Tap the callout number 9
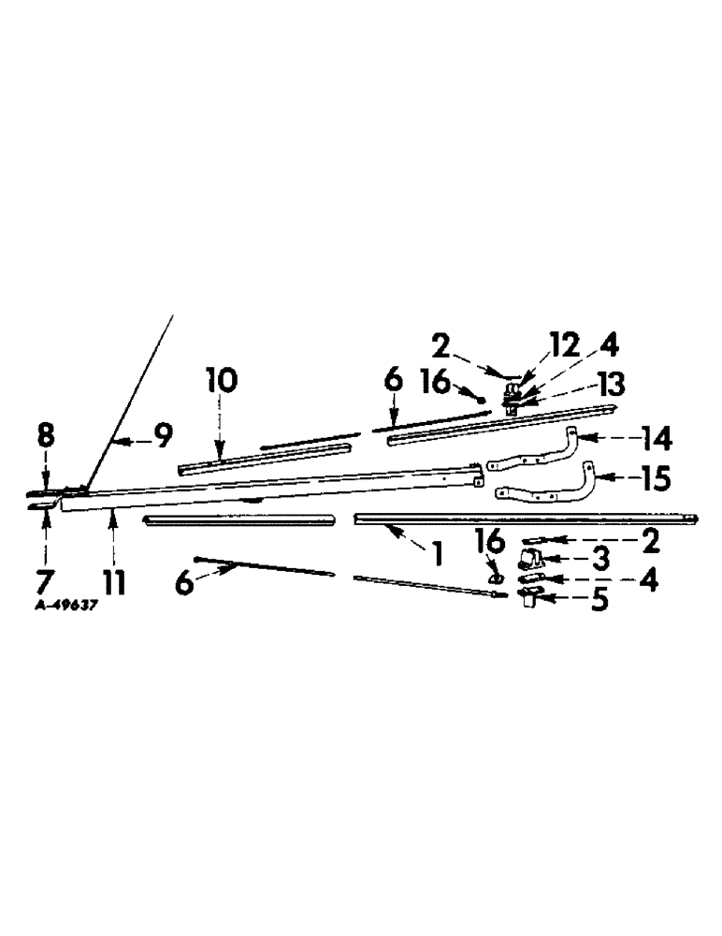pyautogui.click(x=162, y=436)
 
